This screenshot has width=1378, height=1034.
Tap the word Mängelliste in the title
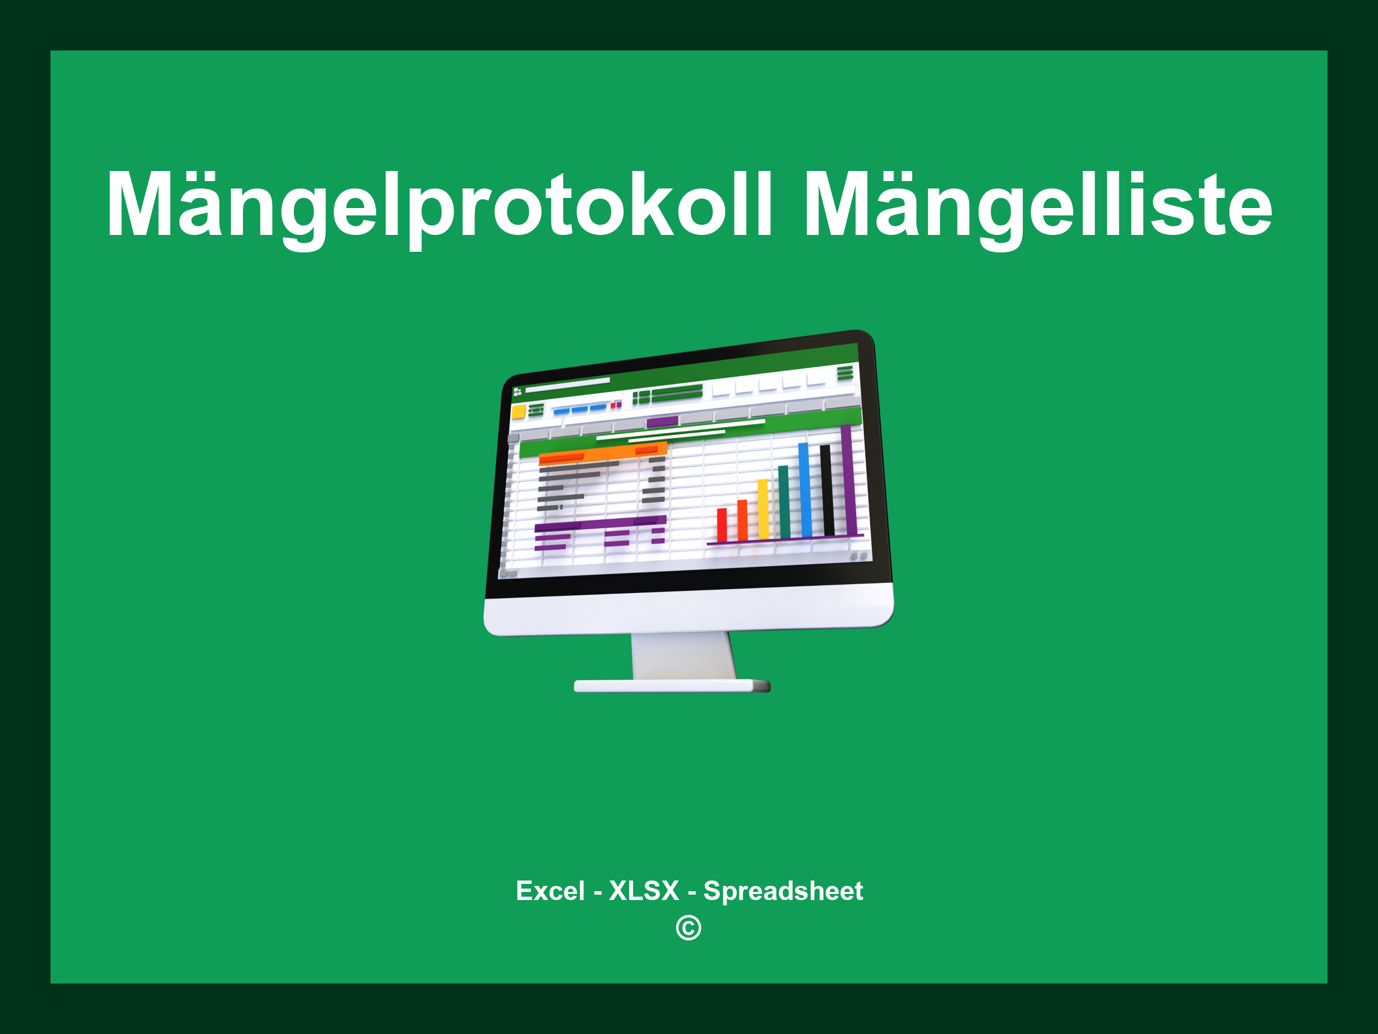[1037, 205]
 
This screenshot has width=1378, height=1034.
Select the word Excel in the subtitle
[550, 891]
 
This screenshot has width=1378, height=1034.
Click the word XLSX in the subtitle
[644, 891]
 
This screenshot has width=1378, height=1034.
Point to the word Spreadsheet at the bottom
[783, 891]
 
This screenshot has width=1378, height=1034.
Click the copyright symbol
[688, 928]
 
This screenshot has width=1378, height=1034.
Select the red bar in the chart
[722, 525]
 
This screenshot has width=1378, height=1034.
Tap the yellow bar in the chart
[763, 509]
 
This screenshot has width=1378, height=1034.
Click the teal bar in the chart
[784, 502]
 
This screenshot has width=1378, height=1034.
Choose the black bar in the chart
[827, 489]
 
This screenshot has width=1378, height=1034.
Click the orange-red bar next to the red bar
[742, 520]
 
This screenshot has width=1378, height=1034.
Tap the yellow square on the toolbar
[518, 412]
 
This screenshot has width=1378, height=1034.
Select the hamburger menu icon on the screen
[844, 373]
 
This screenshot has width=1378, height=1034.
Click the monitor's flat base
[672, 686]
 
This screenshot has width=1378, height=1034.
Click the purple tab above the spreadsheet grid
[661, 422]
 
